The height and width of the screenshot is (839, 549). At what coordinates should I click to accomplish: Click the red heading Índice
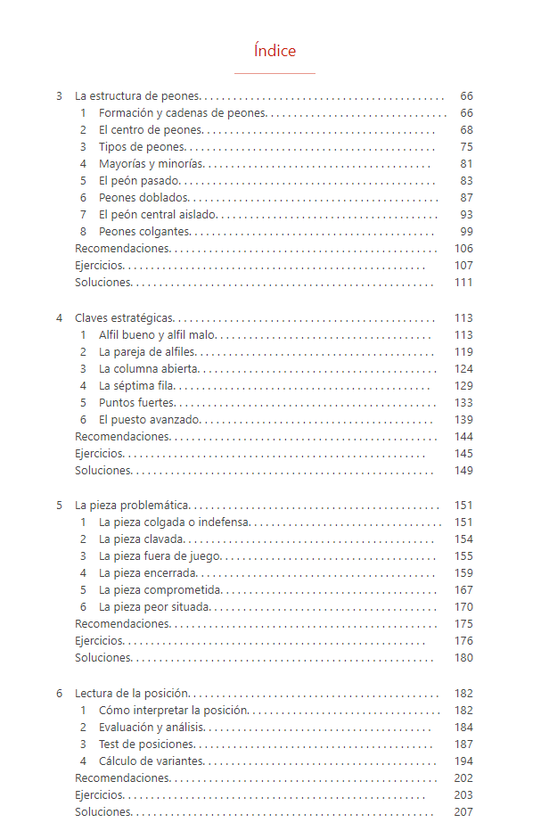274,51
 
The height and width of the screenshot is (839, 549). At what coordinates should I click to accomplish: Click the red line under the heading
274,73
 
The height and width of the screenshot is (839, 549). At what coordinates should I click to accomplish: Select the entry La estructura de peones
137,96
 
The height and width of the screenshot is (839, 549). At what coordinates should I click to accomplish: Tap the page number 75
466,147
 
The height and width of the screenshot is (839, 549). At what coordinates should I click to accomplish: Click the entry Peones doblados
143,198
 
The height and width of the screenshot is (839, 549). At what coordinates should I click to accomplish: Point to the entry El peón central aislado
158,215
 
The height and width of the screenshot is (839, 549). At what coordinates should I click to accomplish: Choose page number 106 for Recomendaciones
463,249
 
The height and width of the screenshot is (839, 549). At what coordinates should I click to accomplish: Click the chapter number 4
60,318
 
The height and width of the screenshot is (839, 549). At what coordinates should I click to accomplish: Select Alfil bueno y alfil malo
158,335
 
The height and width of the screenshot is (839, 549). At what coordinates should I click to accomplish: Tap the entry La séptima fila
136,386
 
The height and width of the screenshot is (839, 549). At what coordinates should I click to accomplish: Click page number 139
463,420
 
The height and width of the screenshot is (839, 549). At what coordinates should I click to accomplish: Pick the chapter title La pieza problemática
131,506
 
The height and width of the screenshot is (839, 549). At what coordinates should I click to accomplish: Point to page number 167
463,590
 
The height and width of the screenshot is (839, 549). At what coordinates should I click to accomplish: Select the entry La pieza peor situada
154,607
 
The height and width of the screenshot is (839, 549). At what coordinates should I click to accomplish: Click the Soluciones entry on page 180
103,658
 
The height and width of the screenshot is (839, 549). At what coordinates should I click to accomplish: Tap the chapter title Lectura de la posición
132,694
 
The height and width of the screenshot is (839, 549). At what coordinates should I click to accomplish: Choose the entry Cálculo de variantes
152,761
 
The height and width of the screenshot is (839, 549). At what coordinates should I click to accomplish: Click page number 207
463,812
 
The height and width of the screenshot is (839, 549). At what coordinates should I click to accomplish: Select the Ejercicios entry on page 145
100,454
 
